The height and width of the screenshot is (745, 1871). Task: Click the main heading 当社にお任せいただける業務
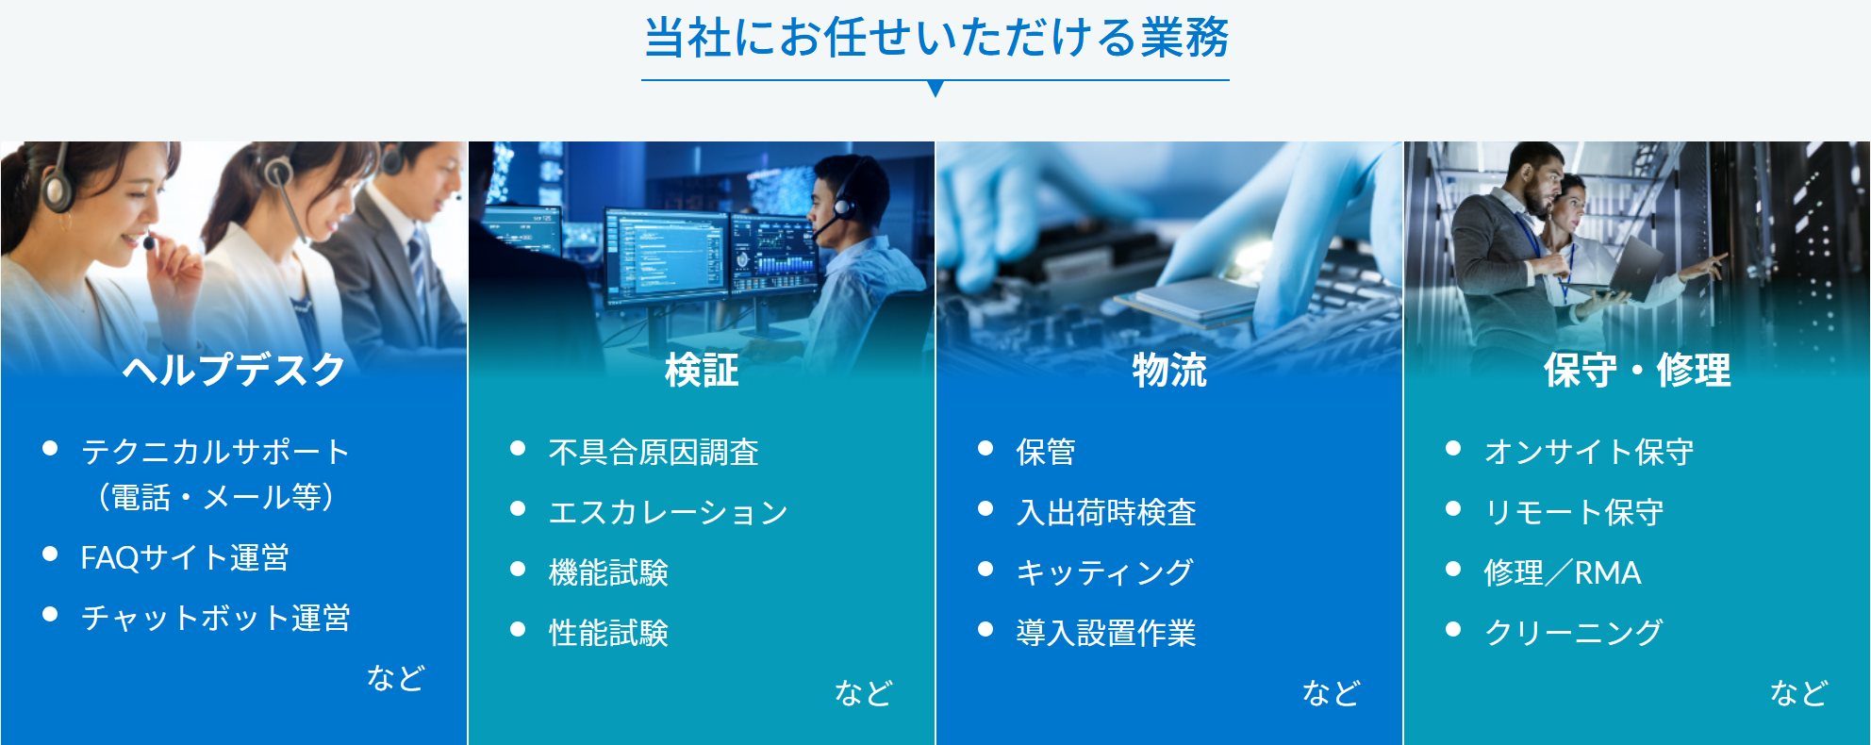935,38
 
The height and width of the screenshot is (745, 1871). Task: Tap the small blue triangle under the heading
935,89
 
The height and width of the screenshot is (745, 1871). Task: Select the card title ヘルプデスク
234,369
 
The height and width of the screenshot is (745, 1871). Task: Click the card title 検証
702,370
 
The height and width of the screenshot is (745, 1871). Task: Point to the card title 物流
1169,370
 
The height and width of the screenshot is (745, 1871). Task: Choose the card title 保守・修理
1637,370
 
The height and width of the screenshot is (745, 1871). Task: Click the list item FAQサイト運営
185,557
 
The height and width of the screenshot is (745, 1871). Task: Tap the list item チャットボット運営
216,618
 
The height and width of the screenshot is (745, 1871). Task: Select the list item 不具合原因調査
654,452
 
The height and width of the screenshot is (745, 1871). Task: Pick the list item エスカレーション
669,512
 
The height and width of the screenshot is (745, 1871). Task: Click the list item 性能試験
608,633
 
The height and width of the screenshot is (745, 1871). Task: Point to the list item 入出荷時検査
1106,512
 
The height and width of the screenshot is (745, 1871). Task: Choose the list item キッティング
1105,572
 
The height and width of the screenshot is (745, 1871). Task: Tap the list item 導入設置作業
1106,633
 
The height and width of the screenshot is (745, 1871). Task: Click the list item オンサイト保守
1589,452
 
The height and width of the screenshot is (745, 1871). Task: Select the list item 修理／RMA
1563,572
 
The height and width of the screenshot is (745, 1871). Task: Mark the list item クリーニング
1573,633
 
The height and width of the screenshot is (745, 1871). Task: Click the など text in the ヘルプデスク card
396,677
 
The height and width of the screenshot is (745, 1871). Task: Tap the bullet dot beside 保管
985,448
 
